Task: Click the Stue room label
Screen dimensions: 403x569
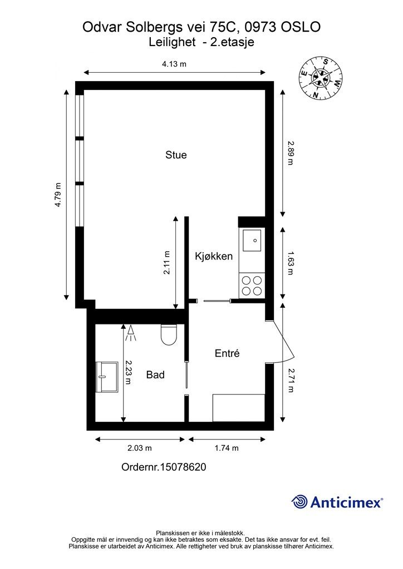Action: tap(176, 155)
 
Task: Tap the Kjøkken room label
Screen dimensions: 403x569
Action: tap(214, 256)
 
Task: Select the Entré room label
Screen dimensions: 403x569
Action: tap(227, 353)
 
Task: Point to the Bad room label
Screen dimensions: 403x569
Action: tap(155, 375)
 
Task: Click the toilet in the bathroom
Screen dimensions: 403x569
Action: tap(169, 334)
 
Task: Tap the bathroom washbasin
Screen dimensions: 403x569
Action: tap(107, 377)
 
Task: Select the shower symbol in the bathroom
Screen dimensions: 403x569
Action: tap(130, 333)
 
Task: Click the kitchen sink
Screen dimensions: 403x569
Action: tap(252, 240)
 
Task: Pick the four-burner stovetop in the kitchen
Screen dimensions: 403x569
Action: tap(252, 286)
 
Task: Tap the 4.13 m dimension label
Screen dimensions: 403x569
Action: tap(174, 64)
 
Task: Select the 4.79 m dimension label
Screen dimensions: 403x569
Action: tap(58, 195)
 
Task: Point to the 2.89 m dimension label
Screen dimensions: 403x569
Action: tap(291, 153)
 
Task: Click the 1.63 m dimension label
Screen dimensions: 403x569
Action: tap(291, 263)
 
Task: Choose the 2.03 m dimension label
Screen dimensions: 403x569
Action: tap(140, 448)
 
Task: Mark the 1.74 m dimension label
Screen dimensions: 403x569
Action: tap(227, 448)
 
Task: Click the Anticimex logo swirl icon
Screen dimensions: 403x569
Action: tap(299, 502)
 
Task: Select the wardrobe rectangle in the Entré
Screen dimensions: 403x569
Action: tap(239, 408)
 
